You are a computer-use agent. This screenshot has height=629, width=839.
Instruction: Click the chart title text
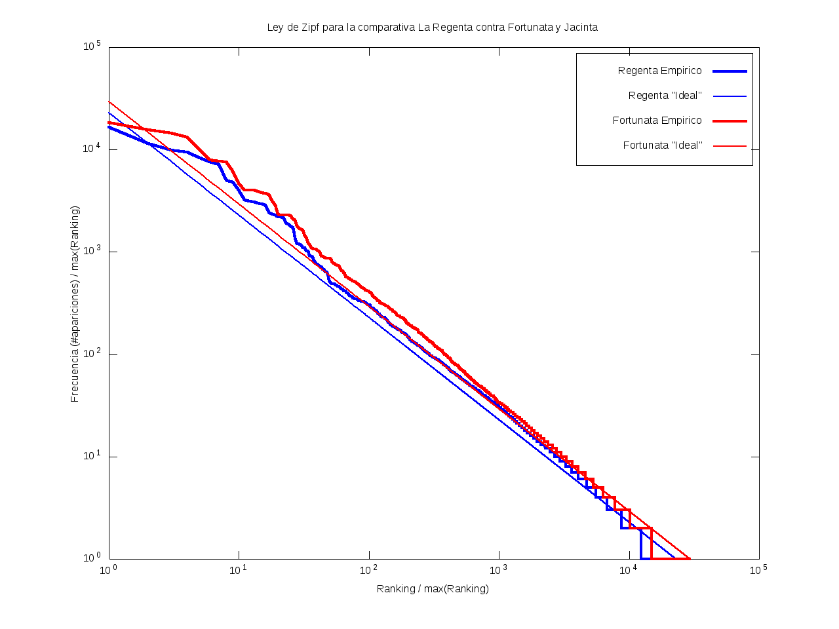click(x=432, y=28)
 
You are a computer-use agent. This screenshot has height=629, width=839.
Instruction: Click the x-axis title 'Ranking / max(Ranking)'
click(x=433, y=588)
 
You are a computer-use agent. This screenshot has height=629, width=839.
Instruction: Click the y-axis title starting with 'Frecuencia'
click(x=75, y=304)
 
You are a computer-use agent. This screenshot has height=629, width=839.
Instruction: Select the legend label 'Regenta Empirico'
click(x=659, y=71)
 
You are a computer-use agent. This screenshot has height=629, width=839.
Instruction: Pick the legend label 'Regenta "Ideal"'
click(x=665, y=96)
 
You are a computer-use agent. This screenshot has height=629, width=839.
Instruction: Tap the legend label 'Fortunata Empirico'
click(x=657, y=121)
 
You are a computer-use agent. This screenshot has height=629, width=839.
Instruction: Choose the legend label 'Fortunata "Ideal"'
click(x=662, y=145)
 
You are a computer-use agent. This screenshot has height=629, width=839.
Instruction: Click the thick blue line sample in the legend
click(x=730, y=71)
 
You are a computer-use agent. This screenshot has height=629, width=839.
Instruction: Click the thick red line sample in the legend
click(x=730, y=121)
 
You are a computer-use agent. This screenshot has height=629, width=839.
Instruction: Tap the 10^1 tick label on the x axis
click(x=238, y=569)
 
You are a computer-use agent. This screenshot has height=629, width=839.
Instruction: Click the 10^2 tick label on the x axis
click(x=368, y=569)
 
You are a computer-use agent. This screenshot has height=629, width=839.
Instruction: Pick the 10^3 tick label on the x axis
click(x=498, y=569)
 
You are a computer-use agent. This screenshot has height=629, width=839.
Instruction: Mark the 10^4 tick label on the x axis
click(x=629, y=569)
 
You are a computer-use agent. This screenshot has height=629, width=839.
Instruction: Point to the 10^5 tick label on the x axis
click(x=758, y=569)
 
